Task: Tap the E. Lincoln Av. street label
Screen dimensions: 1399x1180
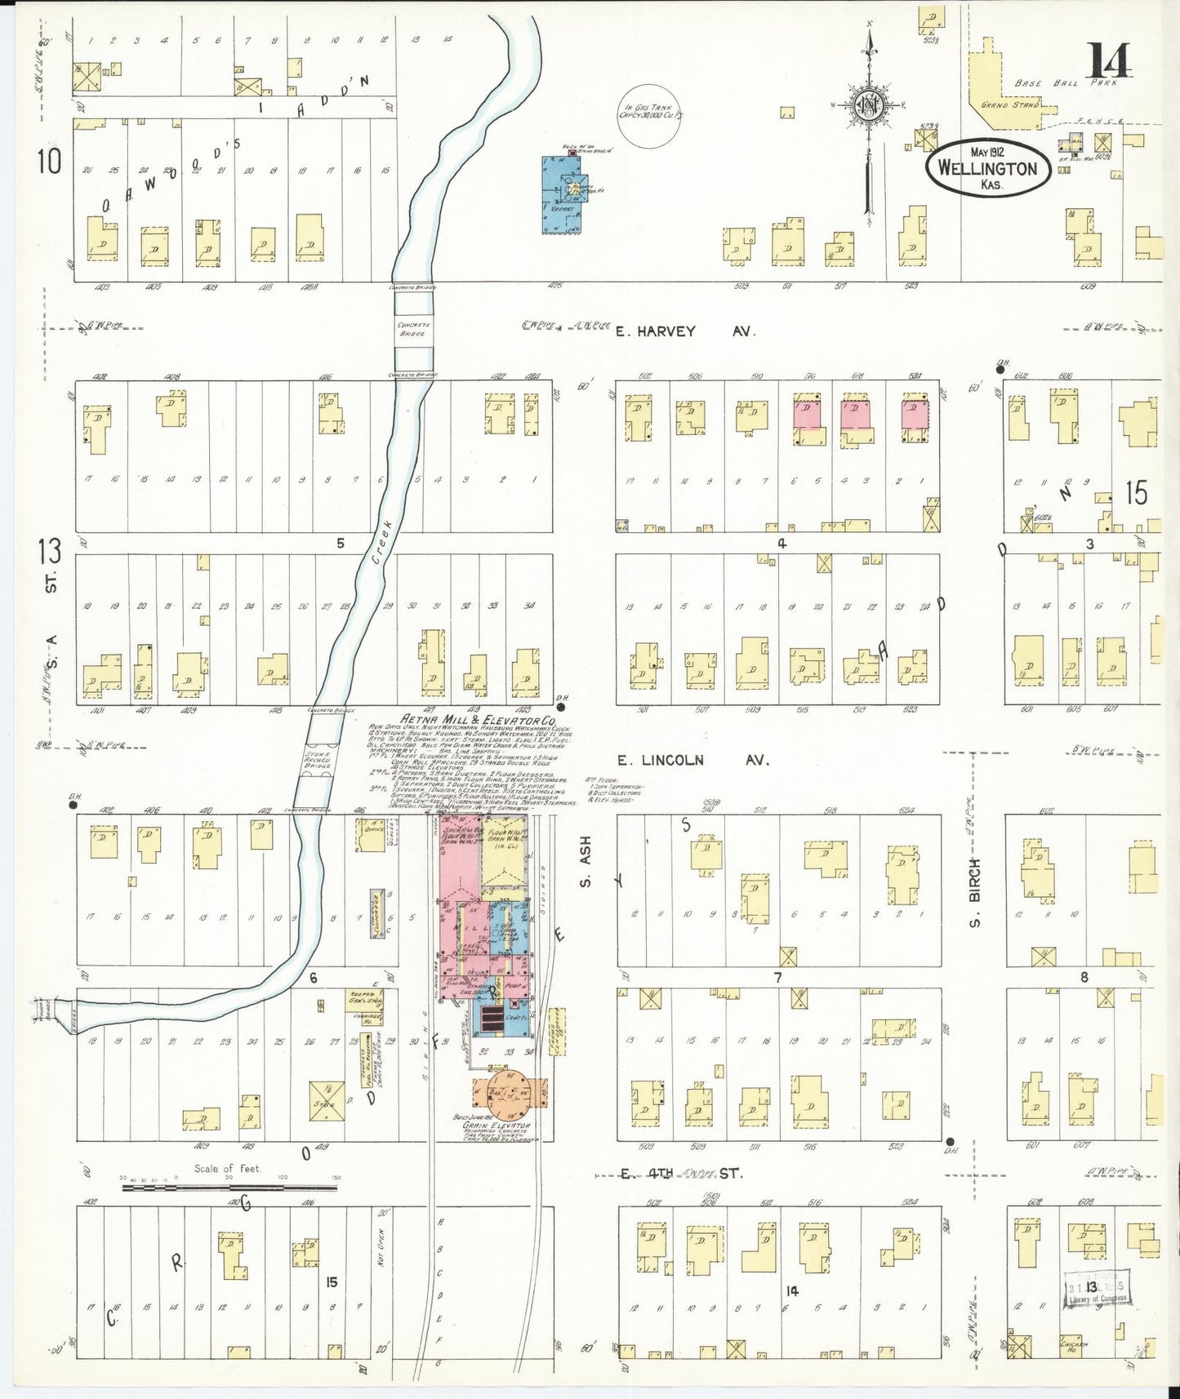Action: point(692,761)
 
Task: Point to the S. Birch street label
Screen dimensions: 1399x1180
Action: point(974,892)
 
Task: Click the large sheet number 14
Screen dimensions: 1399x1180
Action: point(1108,60)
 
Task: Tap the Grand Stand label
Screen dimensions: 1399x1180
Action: point(1010,105)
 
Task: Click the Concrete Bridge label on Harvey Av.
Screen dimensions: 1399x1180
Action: point(412,329)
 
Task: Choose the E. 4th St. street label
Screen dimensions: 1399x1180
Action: point(679,1174)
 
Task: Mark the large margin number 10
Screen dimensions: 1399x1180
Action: point(49,162)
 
